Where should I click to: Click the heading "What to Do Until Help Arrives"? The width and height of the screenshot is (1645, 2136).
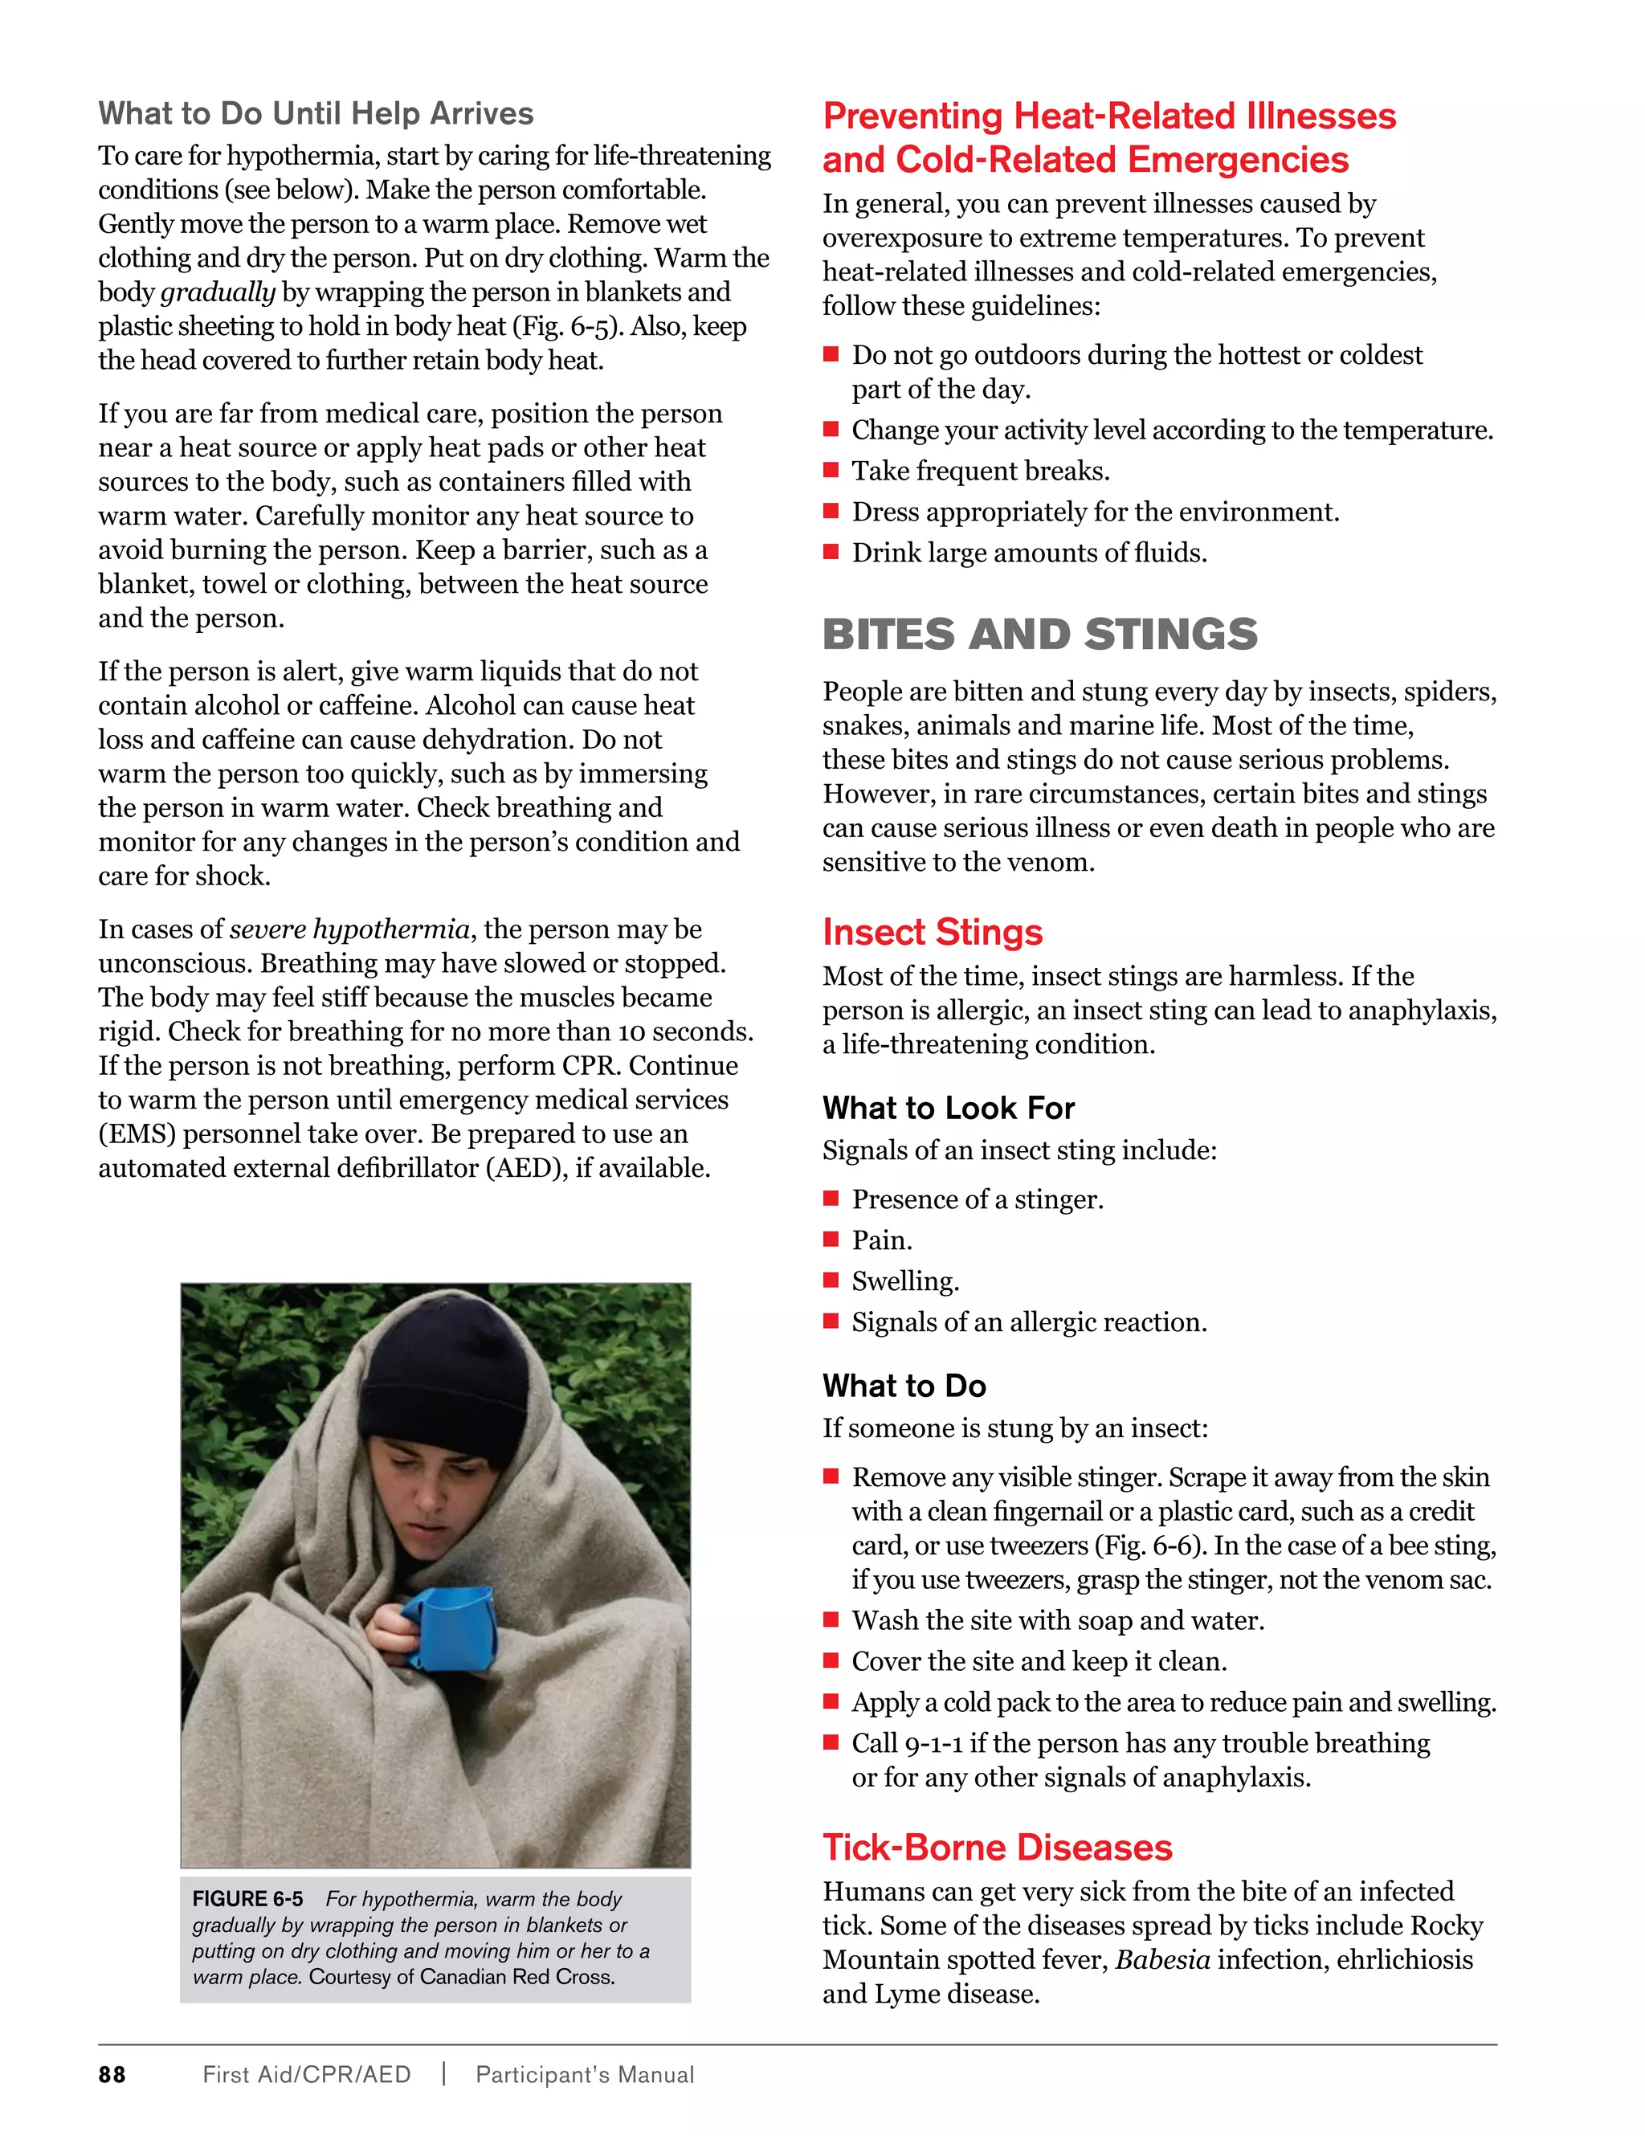pos(316,113)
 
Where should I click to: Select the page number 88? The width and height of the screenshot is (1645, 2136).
pos(112,2074)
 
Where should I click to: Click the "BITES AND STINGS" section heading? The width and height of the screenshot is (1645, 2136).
pos(1039,634)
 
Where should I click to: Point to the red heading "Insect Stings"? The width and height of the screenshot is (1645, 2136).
pos(932,932)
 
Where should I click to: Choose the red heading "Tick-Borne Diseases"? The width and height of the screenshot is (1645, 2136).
pos(997,1848)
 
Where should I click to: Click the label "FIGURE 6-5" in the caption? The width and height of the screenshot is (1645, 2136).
pos(247,1899)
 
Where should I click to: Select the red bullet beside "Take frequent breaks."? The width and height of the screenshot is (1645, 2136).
pos(831,471)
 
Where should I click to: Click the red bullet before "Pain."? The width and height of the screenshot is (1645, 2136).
pos(831,1240)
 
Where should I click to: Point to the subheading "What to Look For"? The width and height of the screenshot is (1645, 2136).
pos(948,1108)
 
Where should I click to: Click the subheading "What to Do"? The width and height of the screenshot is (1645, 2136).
pos(904,1386)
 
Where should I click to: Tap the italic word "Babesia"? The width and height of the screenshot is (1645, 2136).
pos(1162,1960)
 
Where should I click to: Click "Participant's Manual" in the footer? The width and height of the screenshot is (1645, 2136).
pos(584,2074)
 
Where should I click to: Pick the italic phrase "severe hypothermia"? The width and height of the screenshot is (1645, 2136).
pos(349,929)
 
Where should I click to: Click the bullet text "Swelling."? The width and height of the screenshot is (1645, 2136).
pos(904,1281)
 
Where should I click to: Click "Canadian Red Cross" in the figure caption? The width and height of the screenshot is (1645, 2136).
pos(517,1977)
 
